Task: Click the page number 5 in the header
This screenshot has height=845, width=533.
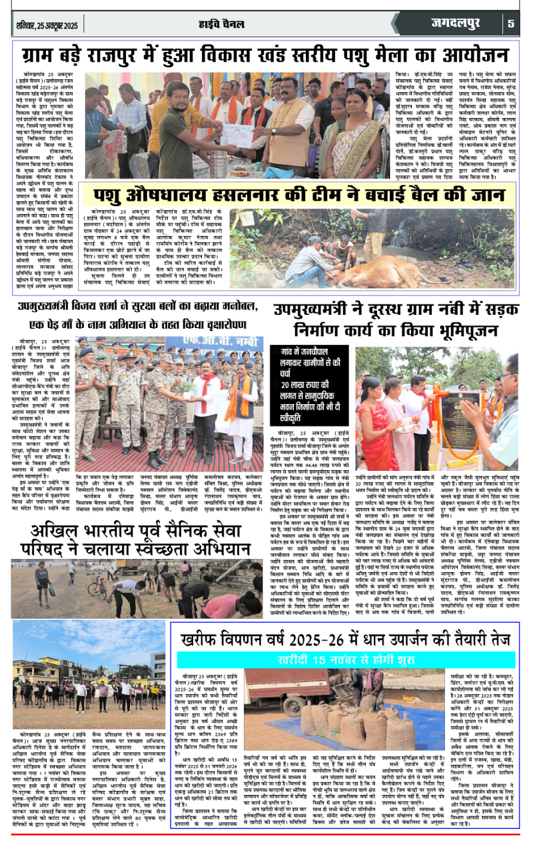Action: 511,24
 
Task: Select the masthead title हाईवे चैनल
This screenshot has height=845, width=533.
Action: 265,24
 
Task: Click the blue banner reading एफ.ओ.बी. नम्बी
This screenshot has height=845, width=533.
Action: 219,346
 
